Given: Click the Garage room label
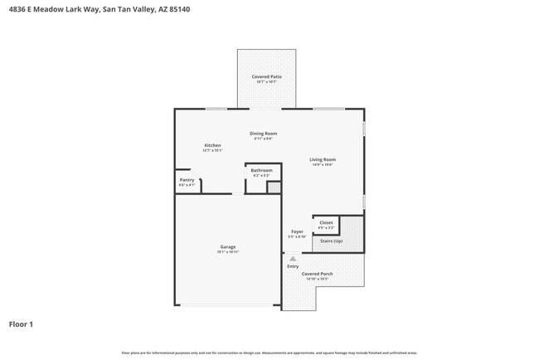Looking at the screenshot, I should [228, 246].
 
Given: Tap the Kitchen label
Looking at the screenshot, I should [212, 145].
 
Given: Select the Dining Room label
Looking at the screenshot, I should [264, 133].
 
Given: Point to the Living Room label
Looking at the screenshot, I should [323, 159].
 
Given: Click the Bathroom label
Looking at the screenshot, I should [261, 170].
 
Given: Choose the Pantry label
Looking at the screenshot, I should [187, 180].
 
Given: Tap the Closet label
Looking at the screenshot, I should [326, 222].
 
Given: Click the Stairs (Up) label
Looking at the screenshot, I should [332, 240].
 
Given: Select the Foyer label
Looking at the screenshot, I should [297, 231].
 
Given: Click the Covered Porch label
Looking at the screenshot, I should [317, 274].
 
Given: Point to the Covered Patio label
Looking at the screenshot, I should [266, 76].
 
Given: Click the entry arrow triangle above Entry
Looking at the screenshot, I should [293, 259].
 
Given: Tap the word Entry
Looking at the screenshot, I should [293, 266].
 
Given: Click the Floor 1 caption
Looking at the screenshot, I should [21, 324].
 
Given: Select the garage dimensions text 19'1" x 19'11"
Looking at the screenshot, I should [228, 252].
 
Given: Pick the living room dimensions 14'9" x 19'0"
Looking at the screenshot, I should [323, 165].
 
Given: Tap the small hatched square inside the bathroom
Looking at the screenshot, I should [273, 187].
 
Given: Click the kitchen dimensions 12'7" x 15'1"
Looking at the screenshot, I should [212, 151].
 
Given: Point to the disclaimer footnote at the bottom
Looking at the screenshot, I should [269, 353].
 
